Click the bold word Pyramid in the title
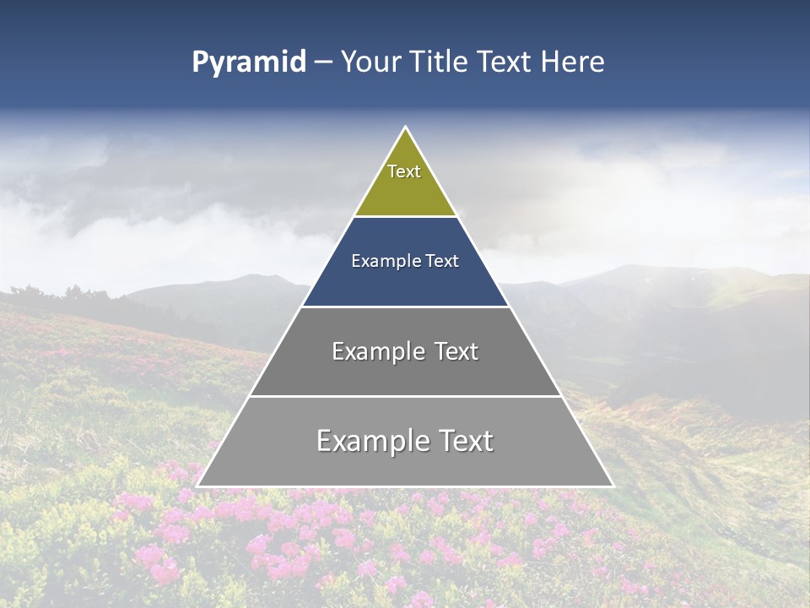click(x=248, y=62)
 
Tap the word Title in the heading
click(x=440, y=62)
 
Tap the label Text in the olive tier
click(x=404, y=171)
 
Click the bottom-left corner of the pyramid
click(x=197, y=486)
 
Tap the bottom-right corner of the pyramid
click(x=613, y=486)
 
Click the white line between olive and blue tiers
click(x=405, y=217)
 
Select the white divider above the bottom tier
click(x=405, y=396)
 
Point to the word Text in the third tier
click(x=456, y=351)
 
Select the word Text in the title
click(x=504, y=62)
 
